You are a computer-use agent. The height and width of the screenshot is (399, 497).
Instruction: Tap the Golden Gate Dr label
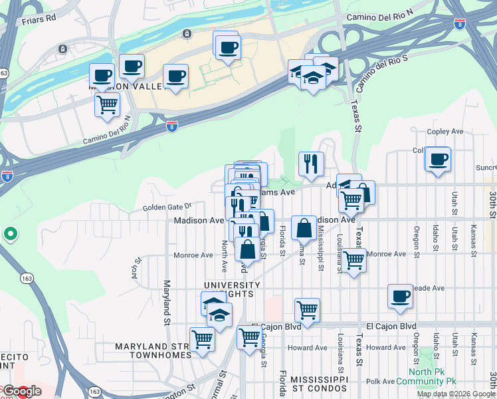167,207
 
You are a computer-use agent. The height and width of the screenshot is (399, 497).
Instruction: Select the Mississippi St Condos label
319,383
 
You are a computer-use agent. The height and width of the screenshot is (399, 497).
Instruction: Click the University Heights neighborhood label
229,289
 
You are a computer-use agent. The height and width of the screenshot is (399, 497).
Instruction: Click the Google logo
22,391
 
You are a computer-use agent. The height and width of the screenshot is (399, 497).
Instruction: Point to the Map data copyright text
456,394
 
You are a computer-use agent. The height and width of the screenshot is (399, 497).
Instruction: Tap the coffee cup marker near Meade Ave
401,297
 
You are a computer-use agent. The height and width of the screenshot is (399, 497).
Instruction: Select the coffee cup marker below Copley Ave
438,160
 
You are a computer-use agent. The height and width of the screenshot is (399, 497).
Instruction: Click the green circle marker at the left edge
10,234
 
